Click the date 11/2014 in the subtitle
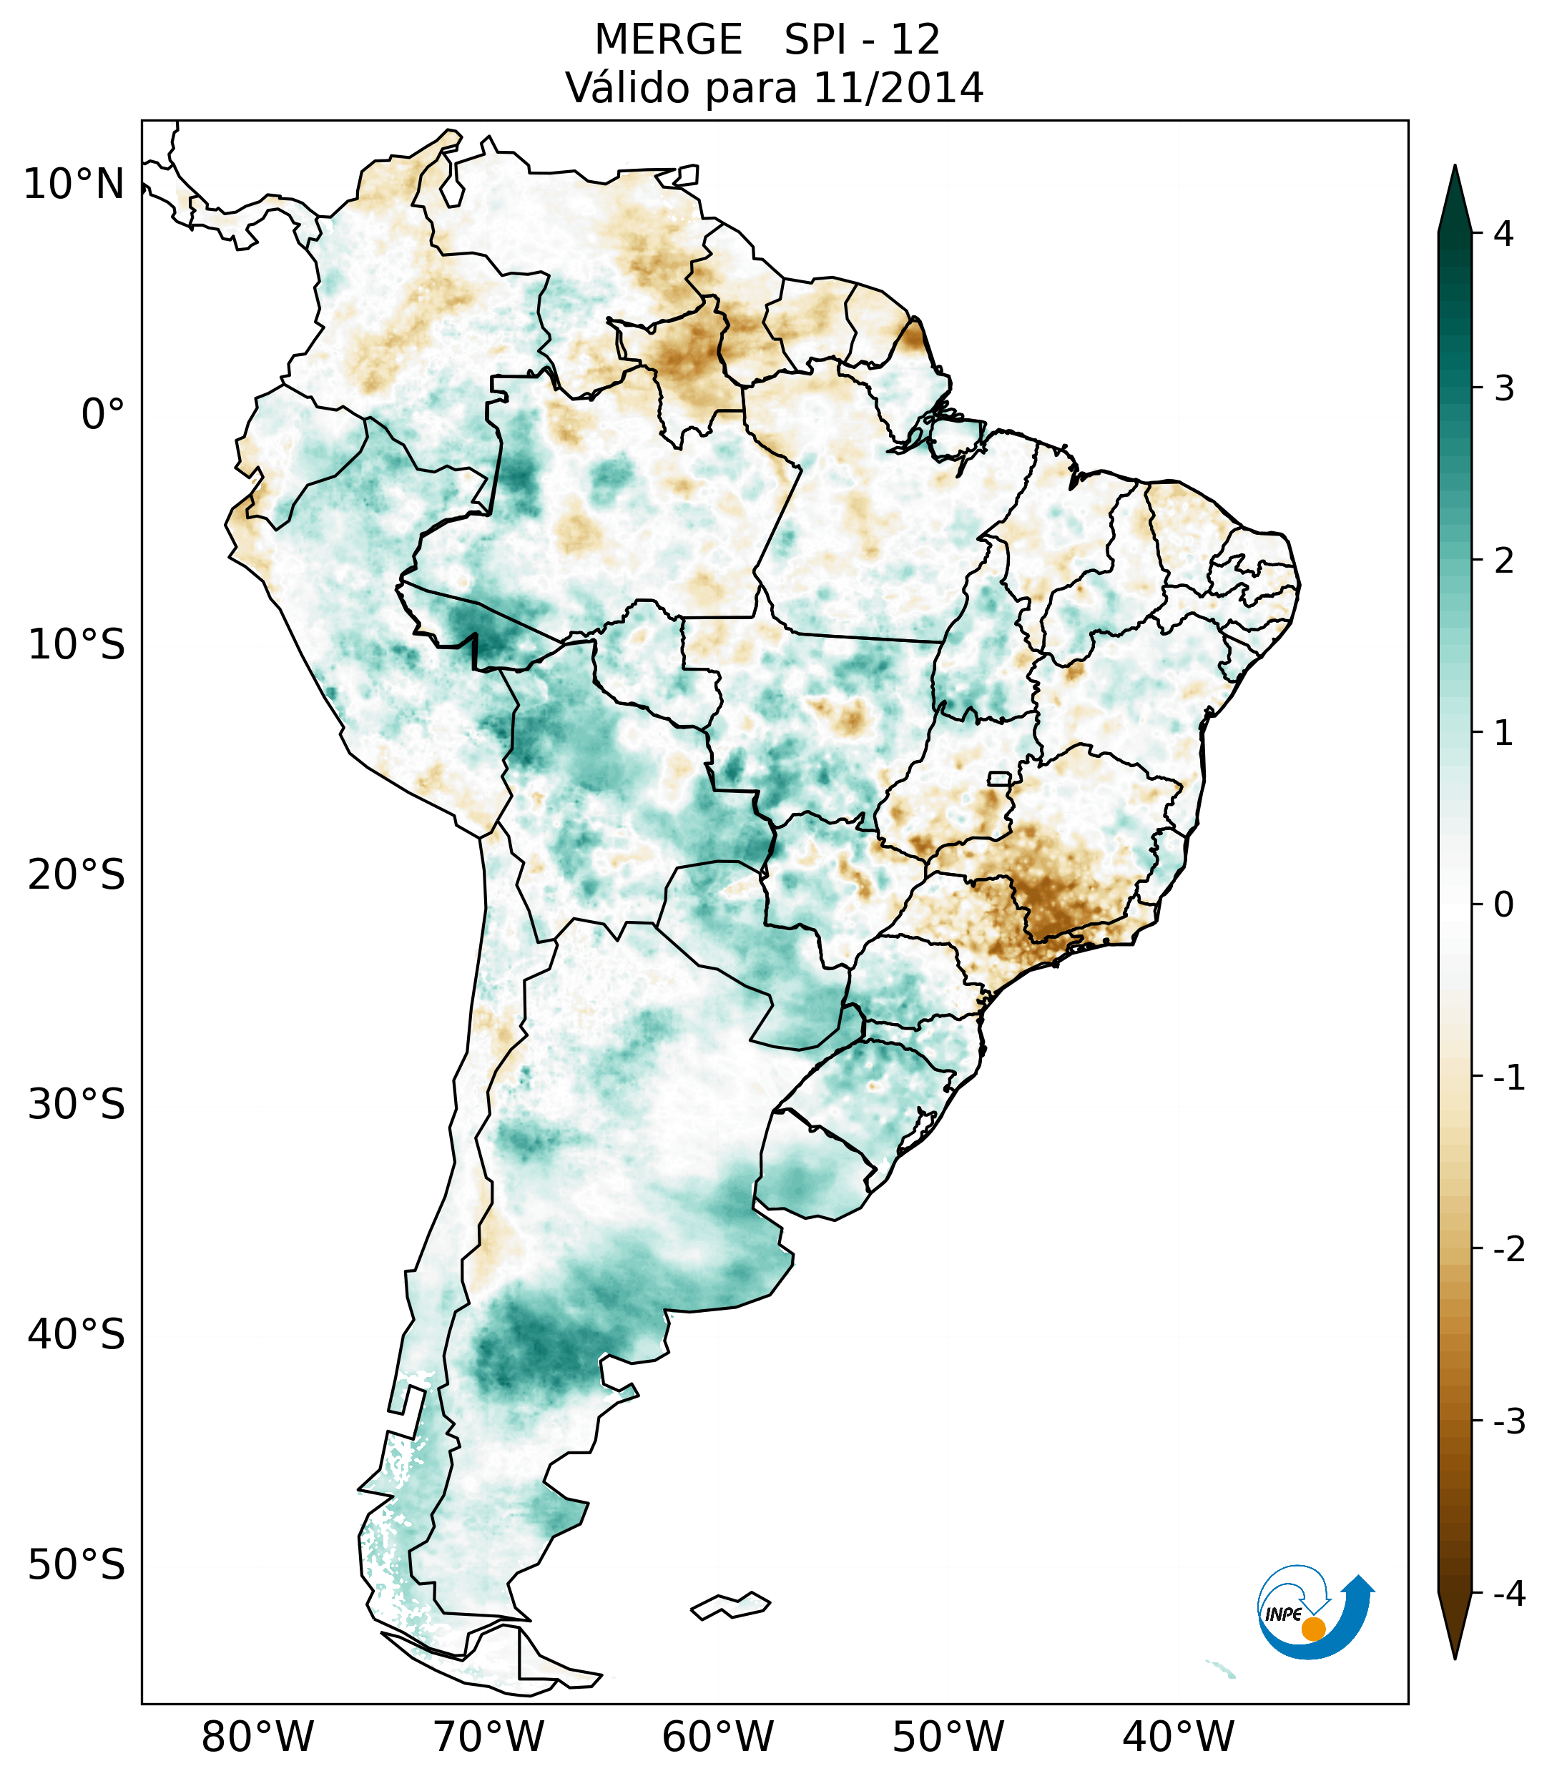tap(898, 88)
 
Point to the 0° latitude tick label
tap(103, 415)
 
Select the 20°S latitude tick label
tap(77, 875)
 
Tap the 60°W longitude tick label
tap(717, 1737)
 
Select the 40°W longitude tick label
tap(1179, 1737)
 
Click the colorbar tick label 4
tap(1503, 234)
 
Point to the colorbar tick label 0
tap(1503, 905)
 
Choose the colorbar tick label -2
tap(1508, 1250)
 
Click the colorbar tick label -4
tap(1508, 1594)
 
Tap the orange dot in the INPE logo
tap(1312, 1629)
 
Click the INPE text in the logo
tap(1283, 1614)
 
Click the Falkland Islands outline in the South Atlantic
tap(730, 1605)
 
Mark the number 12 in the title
tap(915, 40)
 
